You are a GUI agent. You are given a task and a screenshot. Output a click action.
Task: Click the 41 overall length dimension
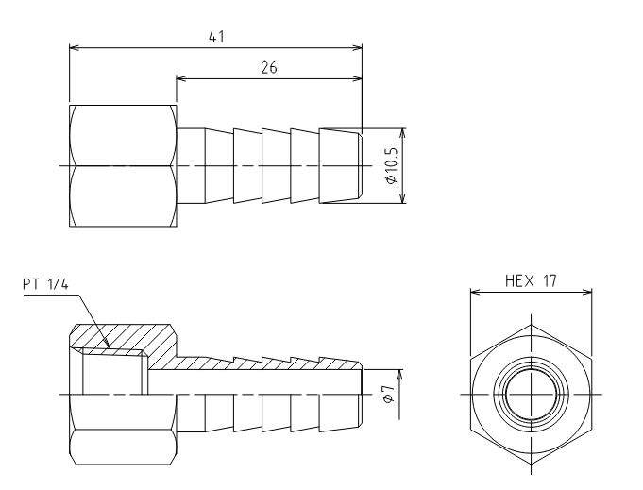(x=216, y=37)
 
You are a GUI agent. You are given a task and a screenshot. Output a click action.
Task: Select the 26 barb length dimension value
(x=269, y=67)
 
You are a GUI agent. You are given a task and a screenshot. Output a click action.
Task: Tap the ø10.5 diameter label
(x=392, y=165)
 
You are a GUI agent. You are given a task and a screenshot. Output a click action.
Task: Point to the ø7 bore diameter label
(x=389, y=394)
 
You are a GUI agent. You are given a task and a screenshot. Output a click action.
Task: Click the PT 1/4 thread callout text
(x=45, y=284)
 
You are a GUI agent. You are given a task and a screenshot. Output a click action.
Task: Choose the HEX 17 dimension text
(x=531, y=281)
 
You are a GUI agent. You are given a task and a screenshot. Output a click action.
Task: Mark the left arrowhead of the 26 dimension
(x=181, y=78)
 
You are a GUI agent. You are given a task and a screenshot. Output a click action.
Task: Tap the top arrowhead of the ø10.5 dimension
(x=402, y=133)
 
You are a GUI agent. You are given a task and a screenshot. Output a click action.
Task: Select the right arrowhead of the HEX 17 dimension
(x=587, y=292)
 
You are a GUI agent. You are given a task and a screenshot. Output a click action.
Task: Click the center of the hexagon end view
(x=532, y=395)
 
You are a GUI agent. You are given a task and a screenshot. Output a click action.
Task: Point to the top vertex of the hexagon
(x=532, y=325)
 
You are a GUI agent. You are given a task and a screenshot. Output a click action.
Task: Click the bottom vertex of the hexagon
(x=532, y=465)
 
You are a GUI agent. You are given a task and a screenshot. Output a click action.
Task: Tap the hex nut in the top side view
(x=124, y=165)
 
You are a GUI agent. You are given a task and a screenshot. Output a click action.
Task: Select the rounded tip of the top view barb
(x=361, y=165)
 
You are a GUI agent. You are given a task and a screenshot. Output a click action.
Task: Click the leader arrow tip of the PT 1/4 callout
(x=110, y=348)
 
